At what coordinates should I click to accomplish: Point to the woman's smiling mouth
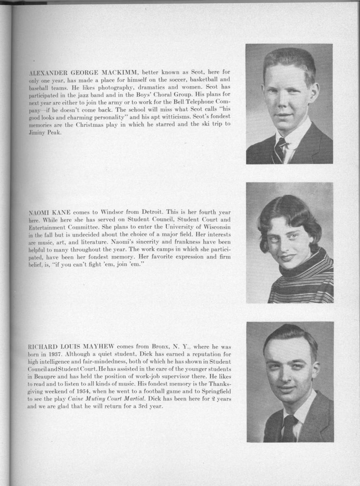pos(287,257)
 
